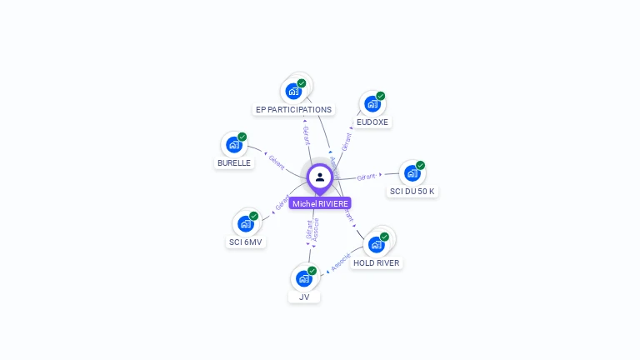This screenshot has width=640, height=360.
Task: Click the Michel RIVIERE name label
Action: [x=320, y=203]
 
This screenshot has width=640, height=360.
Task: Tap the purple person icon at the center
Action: [x=320, y=177]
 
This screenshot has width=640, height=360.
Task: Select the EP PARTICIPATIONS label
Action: [x=293, y=109]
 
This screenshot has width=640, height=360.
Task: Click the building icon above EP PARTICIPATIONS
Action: [x=293, y=91]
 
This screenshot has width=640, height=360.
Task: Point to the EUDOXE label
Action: [x=372, y=122]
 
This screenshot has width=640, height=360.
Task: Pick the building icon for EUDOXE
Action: [x=372, y=104]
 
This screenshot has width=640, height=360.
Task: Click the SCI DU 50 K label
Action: [x=412, y=191]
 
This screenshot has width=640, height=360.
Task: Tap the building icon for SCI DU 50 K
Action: [x=412, y=173]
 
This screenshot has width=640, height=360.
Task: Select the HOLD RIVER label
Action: [x=376, y=262]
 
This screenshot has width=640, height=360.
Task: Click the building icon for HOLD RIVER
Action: [x=376, y=244]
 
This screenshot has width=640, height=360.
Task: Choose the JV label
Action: [x=304, y=297]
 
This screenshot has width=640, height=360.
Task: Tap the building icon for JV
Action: [x=304, y=278]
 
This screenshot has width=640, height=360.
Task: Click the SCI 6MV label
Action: [x=245, y=242]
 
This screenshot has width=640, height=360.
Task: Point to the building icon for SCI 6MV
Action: [x=246, y=223]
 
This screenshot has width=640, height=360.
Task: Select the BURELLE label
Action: [x=234, y=163]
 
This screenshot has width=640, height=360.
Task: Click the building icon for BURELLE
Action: [x=234, y=144]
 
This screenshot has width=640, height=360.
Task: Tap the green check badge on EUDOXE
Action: [x=381, y=96]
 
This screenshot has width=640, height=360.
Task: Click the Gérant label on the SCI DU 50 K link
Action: [x=367, y=177]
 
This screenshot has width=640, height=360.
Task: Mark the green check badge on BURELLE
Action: [x=242, y=137]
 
